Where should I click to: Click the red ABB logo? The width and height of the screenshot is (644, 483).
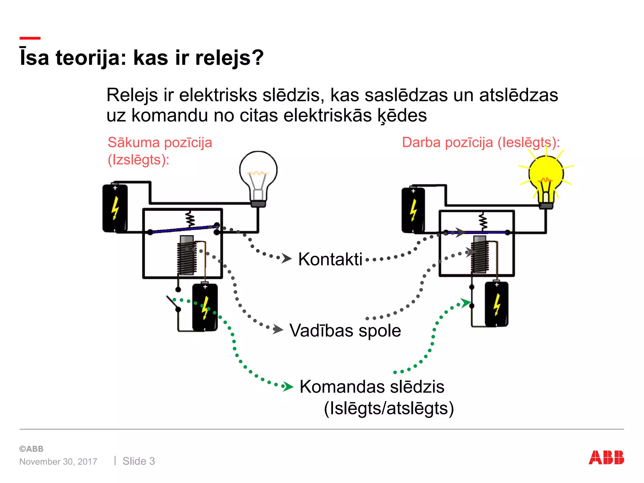[606, 458]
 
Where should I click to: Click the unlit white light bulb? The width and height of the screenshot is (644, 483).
[258, 176]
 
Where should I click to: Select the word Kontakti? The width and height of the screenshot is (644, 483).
[330, 259]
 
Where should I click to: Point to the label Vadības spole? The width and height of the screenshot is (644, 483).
[345, 331]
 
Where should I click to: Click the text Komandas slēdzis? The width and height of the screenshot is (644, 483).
[372, 387]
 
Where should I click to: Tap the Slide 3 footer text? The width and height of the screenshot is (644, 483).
[139, 461]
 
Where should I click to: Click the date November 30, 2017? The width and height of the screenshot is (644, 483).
[58, 462]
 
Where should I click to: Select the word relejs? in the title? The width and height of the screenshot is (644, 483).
[229, 58]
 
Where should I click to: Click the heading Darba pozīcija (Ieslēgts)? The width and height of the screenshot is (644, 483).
[481, 142]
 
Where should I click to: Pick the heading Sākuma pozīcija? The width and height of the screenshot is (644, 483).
[160, 142]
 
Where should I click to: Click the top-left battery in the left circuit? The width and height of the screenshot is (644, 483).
[115, 208]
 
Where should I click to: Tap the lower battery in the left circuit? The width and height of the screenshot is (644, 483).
[205, 307]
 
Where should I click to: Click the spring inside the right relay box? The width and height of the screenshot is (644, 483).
[483, 221]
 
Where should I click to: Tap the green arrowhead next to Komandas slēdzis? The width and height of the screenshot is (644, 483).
[287, 386]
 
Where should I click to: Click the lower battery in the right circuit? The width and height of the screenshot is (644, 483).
[497, 304]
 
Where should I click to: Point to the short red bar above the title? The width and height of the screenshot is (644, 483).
[30, 38]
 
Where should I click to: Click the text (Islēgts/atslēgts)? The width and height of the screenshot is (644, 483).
[389, 408]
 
